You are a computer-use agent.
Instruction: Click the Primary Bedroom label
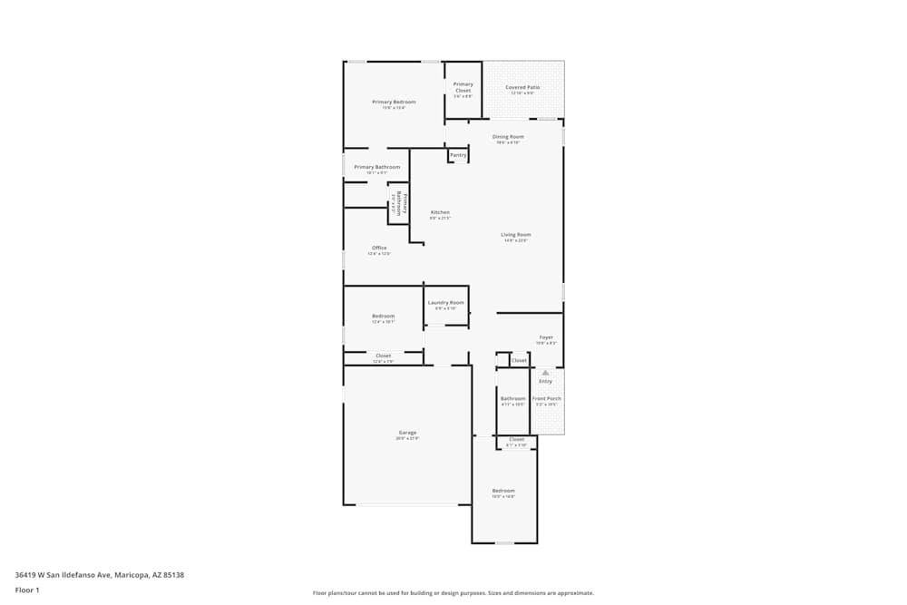[394, 102]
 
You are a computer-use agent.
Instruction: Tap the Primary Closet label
[463, 88]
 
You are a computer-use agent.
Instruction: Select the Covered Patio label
[522, 88]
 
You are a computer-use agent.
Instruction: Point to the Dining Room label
[508, 137]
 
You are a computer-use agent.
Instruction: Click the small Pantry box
[458, 155]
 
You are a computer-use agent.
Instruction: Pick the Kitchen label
[440, 213]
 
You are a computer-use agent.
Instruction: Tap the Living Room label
[516, 235]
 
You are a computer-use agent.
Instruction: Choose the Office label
[379, 249]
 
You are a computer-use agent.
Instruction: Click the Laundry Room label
[446, 303]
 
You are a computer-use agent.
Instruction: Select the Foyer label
[546, 337]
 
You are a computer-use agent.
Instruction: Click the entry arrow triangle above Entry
[545, 372]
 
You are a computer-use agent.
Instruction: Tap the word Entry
[545, 381]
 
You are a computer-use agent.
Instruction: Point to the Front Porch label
[547, 399]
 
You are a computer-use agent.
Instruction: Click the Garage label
[407, 433]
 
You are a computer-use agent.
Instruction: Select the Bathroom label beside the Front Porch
[512, 399]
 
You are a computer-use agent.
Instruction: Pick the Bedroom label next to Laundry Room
[383, 316]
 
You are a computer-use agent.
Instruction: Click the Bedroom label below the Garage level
[503, 491]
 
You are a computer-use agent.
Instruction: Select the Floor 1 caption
[27, 590]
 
